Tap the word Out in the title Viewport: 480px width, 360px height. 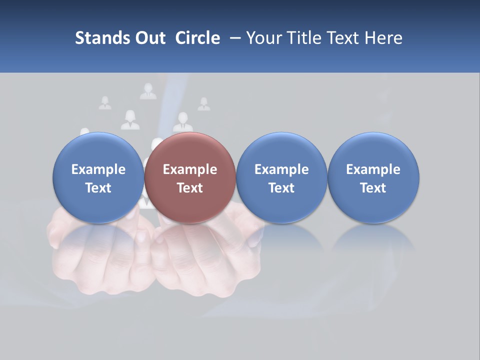click(x=148, y=38)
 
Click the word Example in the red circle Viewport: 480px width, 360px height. click(x=190, y=169)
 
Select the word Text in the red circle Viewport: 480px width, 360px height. click(x=190, y=188)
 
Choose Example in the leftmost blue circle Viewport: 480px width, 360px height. click(x=98, y=169)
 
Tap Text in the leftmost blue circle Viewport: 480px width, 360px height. click(x=98, y=188)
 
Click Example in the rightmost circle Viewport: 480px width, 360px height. click(x=373, y=169)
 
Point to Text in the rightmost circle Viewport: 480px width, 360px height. click(x=373, y=188)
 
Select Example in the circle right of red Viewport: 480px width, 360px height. click(x=281, y=169)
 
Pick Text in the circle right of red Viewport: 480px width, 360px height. click(x=281, y=188)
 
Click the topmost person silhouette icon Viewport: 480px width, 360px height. click(x=148, y=91)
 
